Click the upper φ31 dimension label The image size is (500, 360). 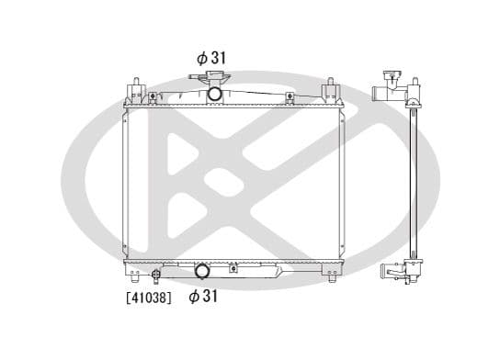[210, 57]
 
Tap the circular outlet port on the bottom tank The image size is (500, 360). [201, 271]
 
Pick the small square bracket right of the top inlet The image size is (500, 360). [290, 96]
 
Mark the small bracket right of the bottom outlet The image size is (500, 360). [234, 268]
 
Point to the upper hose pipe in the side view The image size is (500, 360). [381, 93]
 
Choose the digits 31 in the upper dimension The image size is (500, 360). [218, 57]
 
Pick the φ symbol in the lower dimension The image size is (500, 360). [195, 297]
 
